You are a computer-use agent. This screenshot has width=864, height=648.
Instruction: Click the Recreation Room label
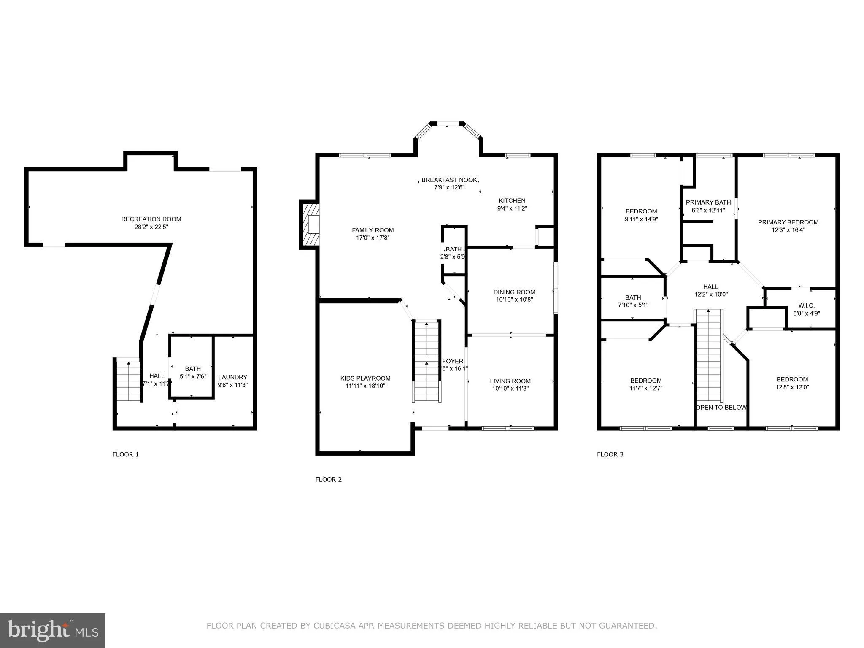(x=151, y=219)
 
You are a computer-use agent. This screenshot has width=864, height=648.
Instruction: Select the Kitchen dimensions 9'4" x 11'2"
(x=512, y=208)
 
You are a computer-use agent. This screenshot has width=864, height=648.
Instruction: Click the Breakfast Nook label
(x=449, y=180)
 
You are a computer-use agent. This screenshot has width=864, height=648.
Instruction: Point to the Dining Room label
(x=514, y=292)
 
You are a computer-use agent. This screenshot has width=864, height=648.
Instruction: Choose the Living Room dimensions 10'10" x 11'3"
(x=510, y=389)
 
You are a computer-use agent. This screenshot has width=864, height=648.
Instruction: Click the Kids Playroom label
(x=365, y=378)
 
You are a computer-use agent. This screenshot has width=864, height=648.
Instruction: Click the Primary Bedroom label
(x=788, y=222)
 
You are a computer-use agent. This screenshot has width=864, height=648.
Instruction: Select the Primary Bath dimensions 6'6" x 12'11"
(x=708, y=210)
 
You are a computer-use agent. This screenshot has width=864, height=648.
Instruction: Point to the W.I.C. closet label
(x=806, y=305)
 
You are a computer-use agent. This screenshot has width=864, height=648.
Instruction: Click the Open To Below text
(x=721, y=408)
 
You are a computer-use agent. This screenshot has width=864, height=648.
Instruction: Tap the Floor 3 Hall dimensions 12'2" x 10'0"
(x=711, y=294)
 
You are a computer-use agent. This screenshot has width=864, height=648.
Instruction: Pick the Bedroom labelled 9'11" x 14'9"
(x=641, y=211)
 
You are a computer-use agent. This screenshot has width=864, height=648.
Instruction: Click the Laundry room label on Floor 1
(x=232, y=377)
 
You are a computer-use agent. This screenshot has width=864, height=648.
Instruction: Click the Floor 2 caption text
(x=328, y=479)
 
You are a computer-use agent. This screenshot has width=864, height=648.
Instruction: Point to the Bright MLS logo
(x=52, y=630)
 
